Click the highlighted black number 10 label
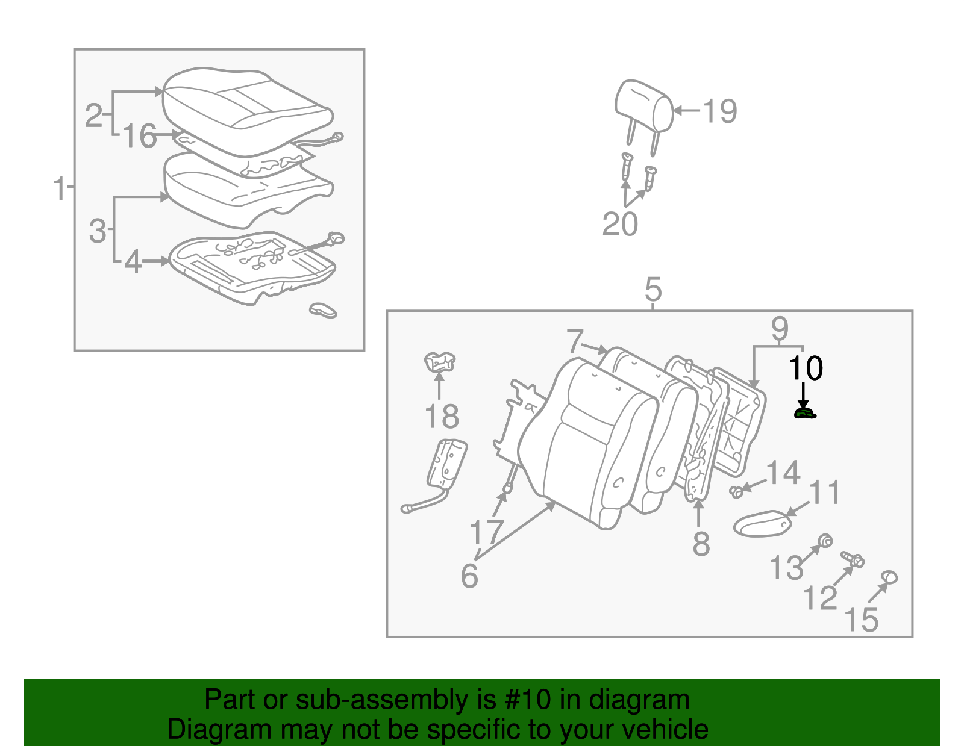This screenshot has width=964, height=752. [806, 368]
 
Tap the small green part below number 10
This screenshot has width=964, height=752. [804, 413]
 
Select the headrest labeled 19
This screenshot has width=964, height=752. [643, 107]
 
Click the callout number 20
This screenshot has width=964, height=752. [620, 224]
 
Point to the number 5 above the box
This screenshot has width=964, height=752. [653, 290]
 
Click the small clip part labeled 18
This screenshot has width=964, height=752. [440, 362]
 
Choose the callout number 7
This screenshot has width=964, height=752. [575, 342]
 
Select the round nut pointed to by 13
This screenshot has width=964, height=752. [825, 540]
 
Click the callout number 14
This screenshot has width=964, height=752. [783, 473]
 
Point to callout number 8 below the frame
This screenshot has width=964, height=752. [701, 544]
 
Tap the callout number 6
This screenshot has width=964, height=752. [469, 576]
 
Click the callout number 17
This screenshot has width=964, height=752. [486, 533]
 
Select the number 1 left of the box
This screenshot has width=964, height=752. [59, 188]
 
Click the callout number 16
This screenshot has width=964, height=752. [140, 136]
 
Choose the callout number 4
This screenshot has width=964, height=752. [133, 262]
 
